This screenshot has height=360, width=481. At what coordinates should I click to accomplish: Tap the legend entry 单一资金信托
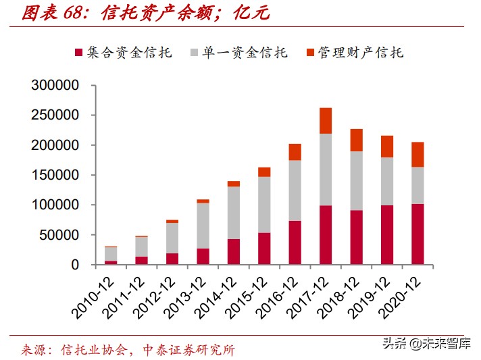click(244, 52)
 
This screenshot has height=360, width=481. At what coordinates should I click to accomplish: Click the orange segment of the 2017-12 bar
click(326, 121)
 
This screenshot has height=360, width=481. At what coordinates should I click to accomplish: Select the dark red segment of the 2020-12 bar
click(417, 234)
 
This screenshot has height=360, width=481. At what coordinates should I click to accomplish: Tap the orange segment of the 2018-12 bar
click(356, 140)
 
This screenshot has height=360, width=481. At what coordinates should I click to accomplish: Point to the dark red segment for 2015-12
click(264, 249)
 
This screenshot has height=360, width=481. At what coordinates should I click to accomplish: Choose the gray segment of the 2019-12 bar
click(386, 181)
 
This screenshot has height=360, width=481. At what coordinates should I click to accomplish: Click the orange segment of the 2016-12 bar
click(295, 152)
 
